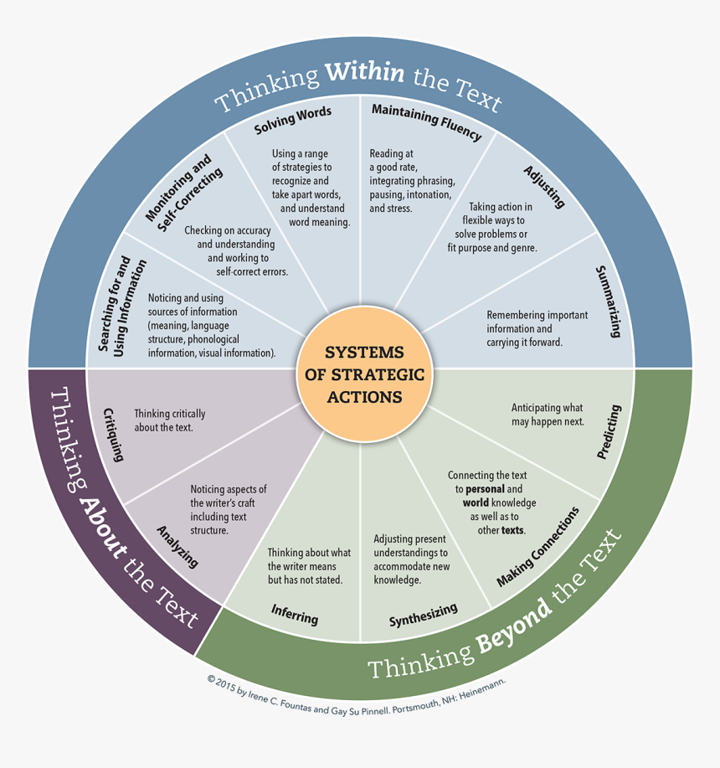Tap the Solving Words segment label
coord(293,120)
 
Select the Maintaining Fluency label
coord(426,121)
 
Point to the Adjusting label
coord(545,187)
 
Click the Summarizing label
coord(608,302)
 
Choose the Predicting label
coord(609,432)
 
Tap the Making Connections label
coord(537,547)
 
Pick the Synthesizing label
coord(423,615)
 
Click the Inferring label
coord(295,614)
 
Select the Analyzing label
coord(178,546)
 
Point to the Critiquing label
coord(114,435)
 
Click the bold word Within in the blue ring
coord(364,74)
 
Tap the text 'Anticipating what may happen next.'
coord(548,415)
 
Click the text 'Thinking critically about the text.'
coord(169,420)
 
